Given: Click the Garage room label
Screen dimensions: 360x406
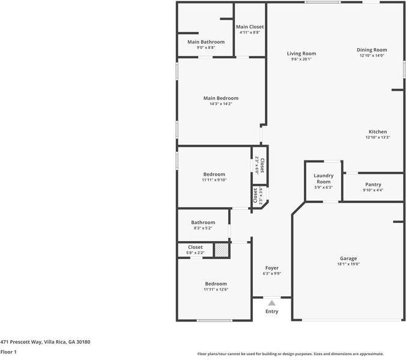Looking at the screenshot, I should (x=348, y=258).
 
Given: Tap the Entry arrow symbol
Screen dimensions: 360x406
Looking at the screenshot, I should (x=272, y=304).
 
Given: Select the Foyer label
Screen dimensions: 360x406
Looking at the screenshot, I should (x=272, y=267).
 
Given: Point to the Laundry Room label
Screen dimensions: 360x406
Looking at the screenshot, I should (x=324, y=178).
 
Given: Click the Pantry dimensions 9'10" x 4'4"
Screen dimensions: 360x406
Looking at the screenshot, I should (x=373, y=191).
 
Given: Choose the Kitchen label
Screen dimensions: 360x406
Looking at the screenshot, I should (x=378, y=132).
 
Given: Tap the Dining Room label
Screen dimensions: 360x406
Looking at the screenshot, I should (x=372, y=50).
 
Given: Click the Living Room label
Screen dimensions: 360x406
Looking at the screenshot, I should (x=301, y=53).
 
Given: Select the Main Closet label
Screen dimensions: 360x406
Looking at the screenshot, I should (x=249, y=27).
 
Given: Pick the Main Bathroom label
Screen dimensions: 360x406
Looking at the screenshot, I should (x=206, y=42).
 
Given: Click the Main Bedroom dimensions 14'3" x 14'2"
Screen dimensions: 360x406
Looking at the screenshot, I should (x=221, y=104).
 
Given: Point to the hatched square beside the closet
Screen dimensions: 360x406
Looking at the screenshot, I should (x=222, y=249).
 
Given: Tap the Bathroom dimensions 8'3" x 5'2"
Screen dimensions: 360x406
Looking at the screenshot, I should (x=203, y=228).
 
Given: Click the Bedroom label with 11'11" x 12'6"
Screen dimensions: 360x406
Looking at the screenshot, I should (x=216, y=284).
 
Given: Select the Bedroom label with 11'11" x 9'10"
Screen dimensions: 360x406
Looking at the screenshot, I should (x=214, y=174).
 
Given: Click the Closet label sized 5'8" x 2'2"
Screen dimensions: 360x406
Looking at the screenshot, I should (x=195, y=247).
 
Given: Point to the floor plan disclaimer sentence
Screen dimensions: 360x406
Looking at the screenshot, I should (x=291, y=354).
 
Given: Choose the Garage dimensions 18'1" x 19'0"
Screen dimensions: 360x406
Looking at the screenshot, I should (x=348, y=264).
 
